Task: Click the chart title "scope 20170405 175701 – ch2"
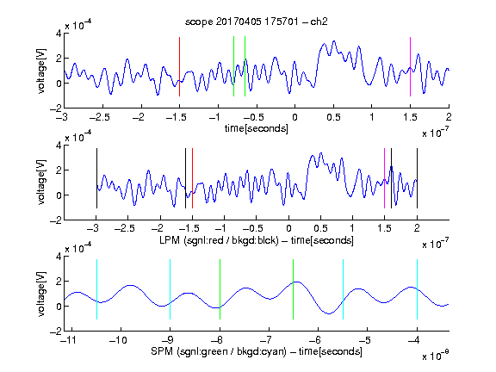257,22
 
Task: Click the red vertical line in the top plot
179,66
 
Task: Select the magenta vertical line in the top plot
410,66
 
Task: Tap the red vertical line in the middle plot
192,178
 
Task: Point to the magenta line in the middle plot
384,178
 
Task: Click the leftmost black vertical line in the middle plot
96,178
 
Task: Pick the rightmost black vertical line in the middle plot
417,178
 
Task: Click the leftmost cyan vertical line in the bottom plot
96,289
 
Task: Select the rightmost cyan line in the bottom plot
417,289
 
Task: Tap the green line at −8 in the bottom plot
220,289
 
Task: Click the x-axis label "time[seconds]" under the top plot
257,128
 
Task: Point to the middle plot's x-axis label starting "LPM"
257,240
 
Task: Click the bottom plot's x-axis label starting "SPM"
257,351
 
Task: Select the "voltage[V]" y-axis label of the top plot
41,71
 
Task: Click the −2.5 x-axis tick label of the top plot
100,117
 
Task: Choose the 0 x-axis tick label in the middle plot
288,228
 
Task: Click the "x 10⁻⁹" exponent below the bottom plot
436,356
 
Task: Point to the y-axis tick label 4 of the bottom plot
59,257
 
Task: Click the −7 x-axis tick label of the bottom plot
268,340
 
